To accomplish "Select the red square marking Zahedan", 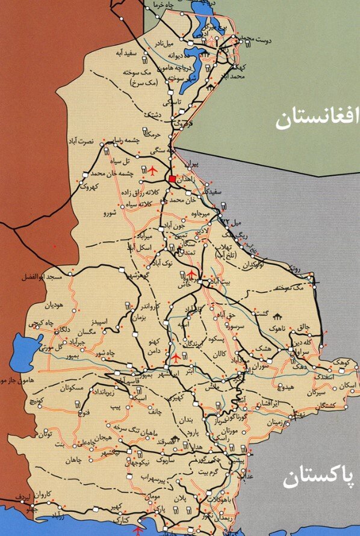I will tap(172, 179).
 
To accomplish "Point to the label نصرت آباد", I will tap(82, 142).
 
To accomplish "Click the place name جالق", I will tap(304, 327).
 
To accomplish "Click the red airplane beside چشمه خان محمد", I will tap(152, 171).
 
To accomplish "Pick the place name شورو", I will tap(109, 213).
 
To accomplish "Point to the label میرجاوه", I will tap(200, 213).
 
